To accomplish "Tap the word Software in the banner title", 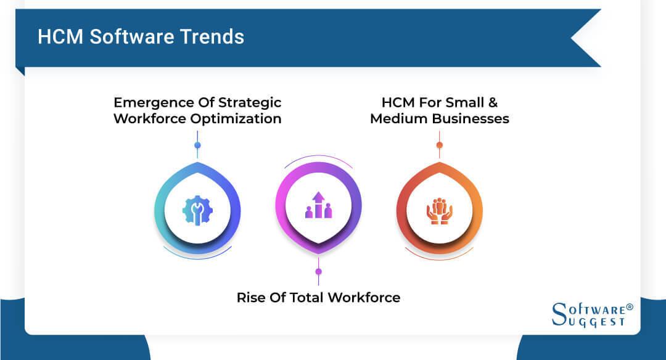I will pos(131,37).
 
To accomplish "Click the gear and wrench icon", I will pos(197,210).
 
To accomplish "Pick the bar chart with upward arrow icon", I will pos(318,205).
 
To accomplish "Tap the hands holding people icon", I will pos(439,210).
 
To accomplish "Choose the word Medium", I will pos(395,118).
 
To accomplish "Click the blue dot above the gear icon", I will pos(197,145).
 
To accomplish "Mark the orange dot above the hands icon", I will pos(439,145).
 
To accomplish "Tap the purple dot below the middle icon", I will pos(318,271).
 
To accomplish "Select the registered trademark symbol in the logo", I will pos(630,306).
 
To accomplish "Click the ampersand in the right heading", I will pos(503,102).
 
